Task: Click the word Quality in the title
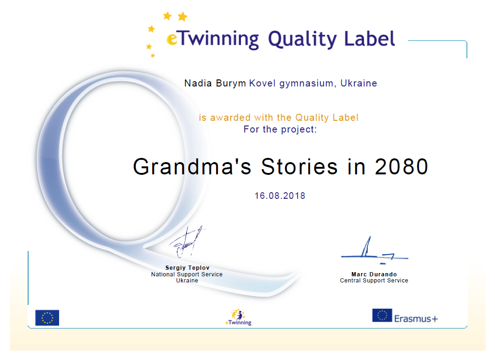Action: click(302, 39)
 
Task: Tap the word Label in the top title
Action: click(369, 39)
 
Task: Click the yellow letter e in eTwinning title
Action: click(172, 39)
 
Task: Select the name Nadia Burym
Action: click(215, 83)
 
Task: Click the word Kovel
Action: click(263, 83)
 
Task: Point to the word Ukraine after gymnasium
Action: click(359, 83)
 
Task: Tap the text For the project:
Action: click(280, 129)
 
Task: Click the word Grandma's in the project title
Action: click(192, 166)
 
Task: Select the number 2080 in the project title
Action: click(402, 166)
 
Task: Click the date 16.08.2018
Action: click(280, 196)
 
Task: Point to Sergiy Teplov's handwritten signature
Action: click(187, 242)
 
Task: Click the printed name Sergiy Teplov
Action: click(187, 268)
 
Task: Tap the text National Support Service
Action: click(187, 274)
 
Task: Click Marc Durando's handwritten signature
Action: click(374, 250)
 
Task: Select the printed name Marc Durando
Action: click(374, 274)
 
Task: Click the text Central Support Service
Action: click(374, 281)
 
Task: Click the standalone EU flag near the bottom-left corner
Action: click(47, 318)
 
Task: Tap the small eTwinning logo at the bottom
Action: click(239, 317)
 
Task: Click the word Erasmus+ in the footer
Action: click(416, 319)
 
